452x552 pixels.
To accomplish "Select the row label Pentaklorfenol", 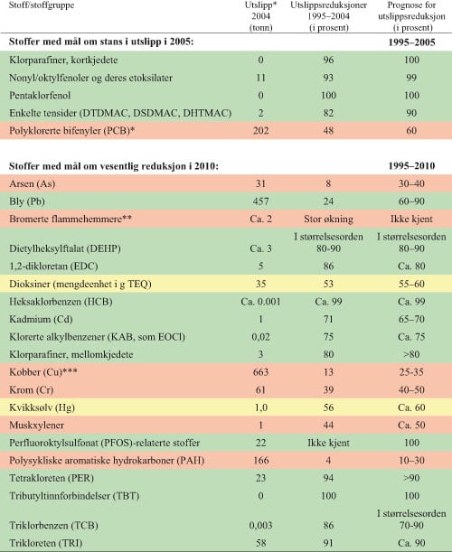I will click(52, 93).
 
